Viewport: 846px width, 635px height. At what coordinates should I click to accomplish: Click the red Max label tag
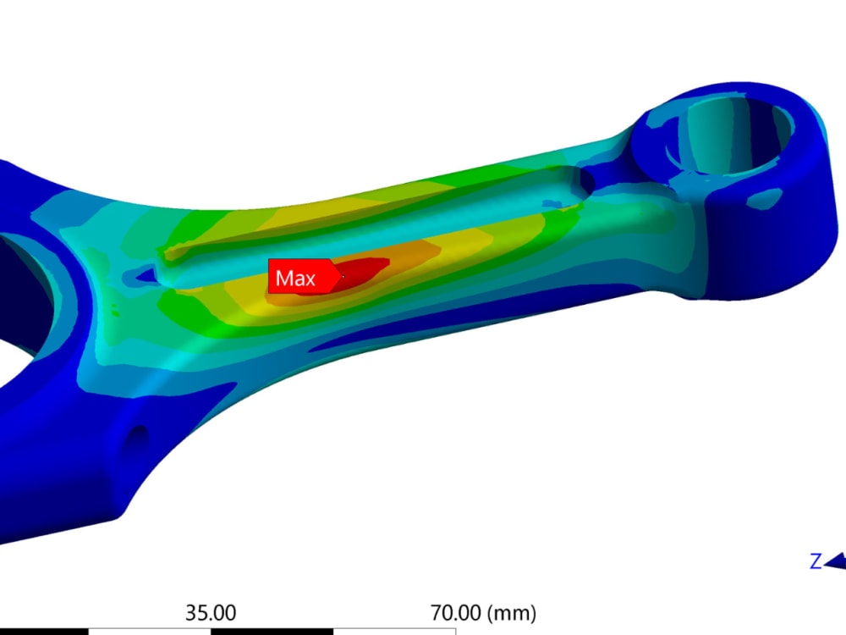pyautogui.click(x=296, y=277)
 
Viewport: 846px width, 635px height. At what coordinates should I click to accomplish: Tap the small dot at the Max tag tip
pyautogui.click(x=343, y=276)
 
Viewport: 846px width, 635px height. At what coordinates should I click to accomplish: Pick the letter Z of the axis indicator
pyautogui.click(x=816, y=560)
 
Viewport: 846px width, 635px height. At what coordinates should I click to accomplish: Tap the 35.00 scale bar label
pyautogui.click(x=211, y=611)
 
